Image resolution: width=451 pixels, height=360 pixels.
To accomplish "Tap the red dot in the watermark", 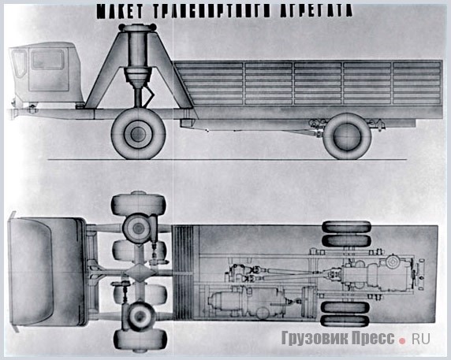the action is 402,341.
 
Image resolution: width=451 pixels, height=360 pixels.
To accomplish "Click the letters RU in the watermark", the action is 421,339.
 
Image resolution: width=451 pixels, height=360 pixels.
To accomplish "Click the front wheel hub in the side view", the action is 138,134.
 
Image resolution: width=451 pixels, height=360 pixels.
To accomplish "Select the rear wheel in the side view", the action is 347,136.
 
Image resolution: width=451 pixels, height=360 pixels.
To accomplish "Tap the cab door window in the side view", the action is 48,59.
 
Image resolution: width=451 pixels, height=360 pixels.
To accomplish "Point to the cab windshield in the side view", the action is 19,64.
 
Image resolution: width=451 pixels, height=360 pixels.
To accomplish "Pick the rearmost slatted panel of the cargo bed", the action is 416,83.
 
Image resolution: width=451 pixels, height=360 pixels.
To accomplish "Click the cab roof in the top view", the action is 47,272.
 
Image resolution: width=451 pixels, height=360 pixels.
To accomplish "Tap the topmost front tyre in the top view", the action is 139,205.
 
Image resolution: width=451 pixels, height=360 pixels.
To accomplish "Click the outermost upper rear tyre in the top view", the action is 345,227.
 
